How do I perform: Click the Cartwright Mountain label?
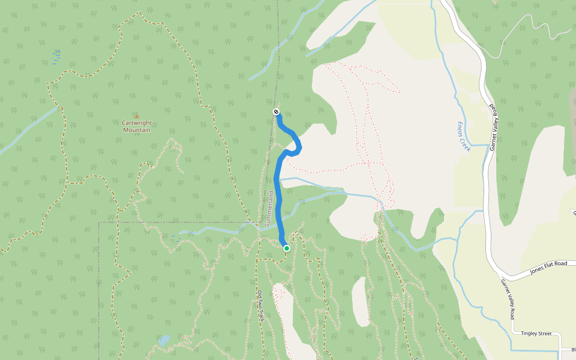tap(136, 126)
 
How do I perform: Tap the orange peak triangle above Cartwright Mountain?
tap(136, 116)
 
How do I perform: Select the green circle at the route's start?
tap(287, 248)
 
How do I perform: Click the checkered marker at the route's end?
tap(276, 112)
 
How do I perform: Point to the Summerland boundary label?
tap(270, 209)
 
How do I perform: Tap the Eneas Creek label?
tap(463, 135)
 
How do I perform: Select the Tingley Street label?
tap(536, 333)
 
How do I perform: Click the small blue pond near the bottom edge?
tap(163, 341)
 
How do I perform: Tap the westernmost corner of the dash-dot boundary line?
tap(99, 223)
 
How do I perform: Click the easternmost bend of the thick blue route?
tap(300, 146)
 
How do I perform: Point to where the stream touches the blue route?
tap(277, 179)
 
